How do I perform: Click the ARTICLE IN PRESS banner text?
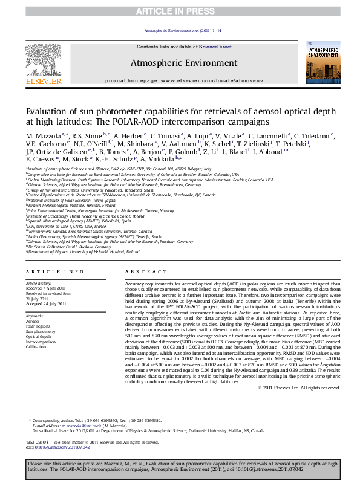tap(180, 11)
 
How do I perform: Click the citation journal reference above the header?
tap(180, 30)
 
